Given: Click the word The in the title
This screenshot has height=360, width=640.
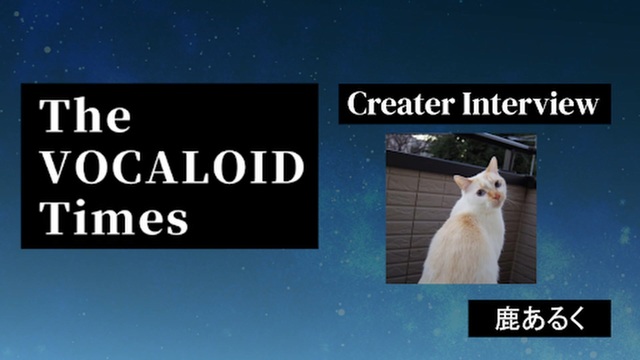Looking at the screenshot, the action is tap(85, 115).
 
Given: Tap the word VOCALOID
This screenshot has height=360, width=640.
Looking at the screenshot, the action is tap(173, 167).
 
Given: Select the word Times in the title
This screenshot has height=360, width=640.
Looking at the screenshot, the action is tap(113, 217).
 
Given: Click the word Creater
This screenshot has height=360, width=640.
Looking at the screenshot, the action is tap(400, 103).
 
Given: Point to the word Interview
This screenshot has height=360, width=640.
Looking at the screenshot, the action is tap(531, 103).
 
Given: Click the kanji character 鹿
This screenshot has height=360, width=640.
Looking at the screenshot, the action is tap(507, 319).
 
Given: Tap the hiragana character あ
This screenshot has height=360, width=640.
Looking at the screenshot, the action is tap(531, 319).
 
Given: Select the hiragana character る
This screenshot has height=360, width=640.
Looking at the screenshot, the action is tap(553, 319).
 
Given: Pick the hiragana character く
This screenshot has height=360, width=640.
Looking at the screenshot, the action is tap(576, 319).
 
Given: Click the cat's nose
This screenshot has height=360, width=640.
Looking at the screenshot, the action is tap(497, 197).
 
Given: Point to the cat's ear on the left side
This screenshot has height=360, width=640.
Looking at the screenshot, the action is tap(462, 182).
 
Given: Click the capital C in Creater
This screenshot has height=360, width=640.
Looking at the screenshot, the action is tap(359, 103).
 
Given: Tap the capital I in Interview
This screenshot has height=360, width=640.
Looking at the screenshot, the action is tap(469, 103).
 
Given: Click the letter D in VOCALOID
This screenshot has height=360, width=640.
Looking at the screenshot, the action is tap(288, 167).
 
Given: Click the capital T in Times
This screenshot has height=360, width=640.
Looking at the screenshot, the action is tap(54, 216).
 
